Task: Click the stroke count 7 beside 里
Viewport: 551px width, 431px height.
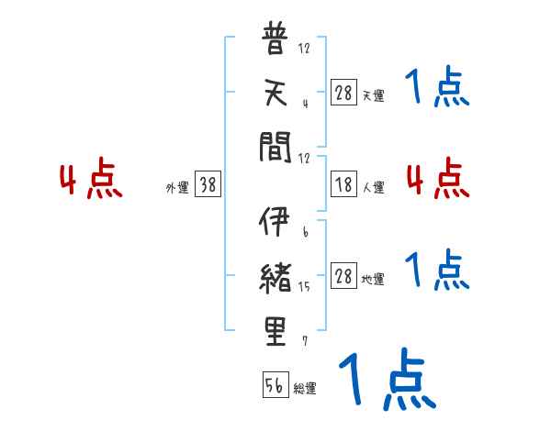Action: click(x=304, y=341)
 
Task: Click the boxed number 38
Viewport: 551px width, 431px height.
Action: click(x=208, y=184)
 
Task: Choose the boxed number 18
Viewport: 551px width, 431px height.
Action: click(x=343, y=184)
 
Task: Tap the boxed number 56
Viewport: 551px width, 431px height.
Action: click(x=275, y=385)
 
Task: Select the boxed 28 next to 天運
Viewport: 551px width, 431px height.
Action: click(x=343, y=92)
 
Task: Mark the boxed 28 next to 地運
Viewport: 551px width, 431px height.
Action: click(x=343, y=277)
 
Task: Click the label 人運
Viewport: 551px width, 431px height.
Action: click(x=374, y=188)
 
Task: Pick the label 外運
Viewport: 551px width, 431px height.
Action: click(x=176, y=188)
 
